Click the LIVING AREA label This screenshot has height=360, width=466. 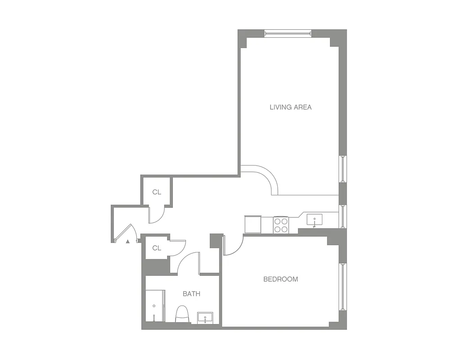click(290, 107)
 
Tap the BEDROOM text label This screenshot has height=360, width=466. click(281, 279)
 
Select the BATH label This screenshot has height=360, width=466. click(191, 294)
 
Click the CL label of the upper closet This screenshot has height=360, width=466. click(156, 192)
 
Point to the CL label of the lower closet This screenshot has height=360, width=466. click(156, 248)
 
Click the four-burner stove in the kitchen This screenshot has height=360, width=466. click(281, 225)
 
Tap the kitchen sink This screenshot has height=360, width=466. click(314, 220)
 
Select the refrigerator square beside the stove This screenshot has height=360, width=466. click(253, 224)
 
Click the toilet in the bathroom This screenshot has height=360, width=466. click(182, 314)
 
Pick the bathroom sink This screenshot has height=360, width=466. click(206, 317)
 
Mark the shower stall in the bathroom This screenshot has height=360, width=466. click(155, 306)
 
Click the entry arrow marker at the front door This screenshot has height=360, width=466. click(128, 242)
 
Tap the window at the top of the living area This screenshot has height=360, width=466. click(288, 33)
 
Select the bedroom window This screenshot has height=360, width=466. click(343, 287)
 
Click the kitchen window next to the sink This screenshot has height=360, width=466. click(343, 216)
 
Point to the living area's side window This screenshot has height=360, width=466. click(343, 169)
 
